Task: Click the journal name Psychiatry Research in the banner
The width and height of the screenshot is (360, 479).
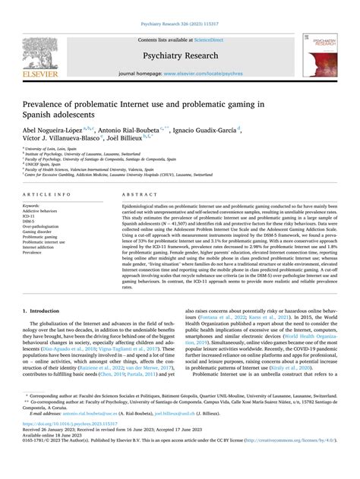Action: pos(180,55)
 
